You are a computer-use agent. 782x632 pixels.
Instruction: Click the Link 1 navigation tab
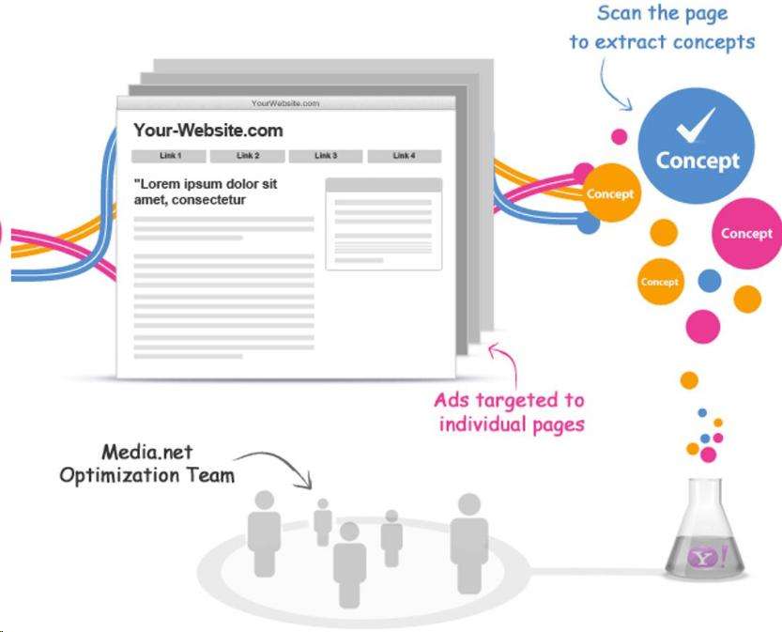pos(170,156)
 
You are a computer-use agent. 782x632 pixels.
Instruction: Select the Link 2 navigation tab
pos(248,156)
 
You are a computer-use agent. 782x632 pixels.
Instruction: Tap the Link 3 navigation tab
pos(326,156)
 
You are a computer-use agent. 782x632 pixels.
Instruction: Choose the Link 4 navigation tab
pos(404,156)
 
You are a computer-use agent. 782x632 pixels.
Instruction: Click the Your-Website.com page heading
pos(207,131)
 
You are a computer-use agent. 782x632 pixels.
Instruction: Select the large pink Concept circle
pos(746,234)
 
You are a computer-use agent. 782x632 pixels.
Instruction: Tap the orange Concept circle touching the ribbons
pos(610,194)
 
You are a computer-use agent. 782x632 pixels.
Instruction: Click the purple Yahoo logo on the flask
pos(705,559)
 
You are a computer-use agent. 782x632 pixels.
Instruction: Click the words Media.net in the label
pos(142,453)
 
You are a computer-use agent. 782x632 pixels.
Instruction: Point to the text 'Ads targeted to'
pos(509,400)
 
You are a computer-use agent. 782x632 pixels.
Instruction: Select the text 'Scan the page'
pos(662,15)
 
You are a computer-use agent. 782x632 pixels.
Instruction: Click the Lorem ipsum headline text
pos(206,192)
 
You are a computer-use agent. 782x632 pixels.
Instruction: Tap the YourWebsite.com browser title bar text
pos(285,103)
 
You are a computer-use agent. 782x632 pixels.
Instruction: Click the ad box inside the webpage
pos(383,224)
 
